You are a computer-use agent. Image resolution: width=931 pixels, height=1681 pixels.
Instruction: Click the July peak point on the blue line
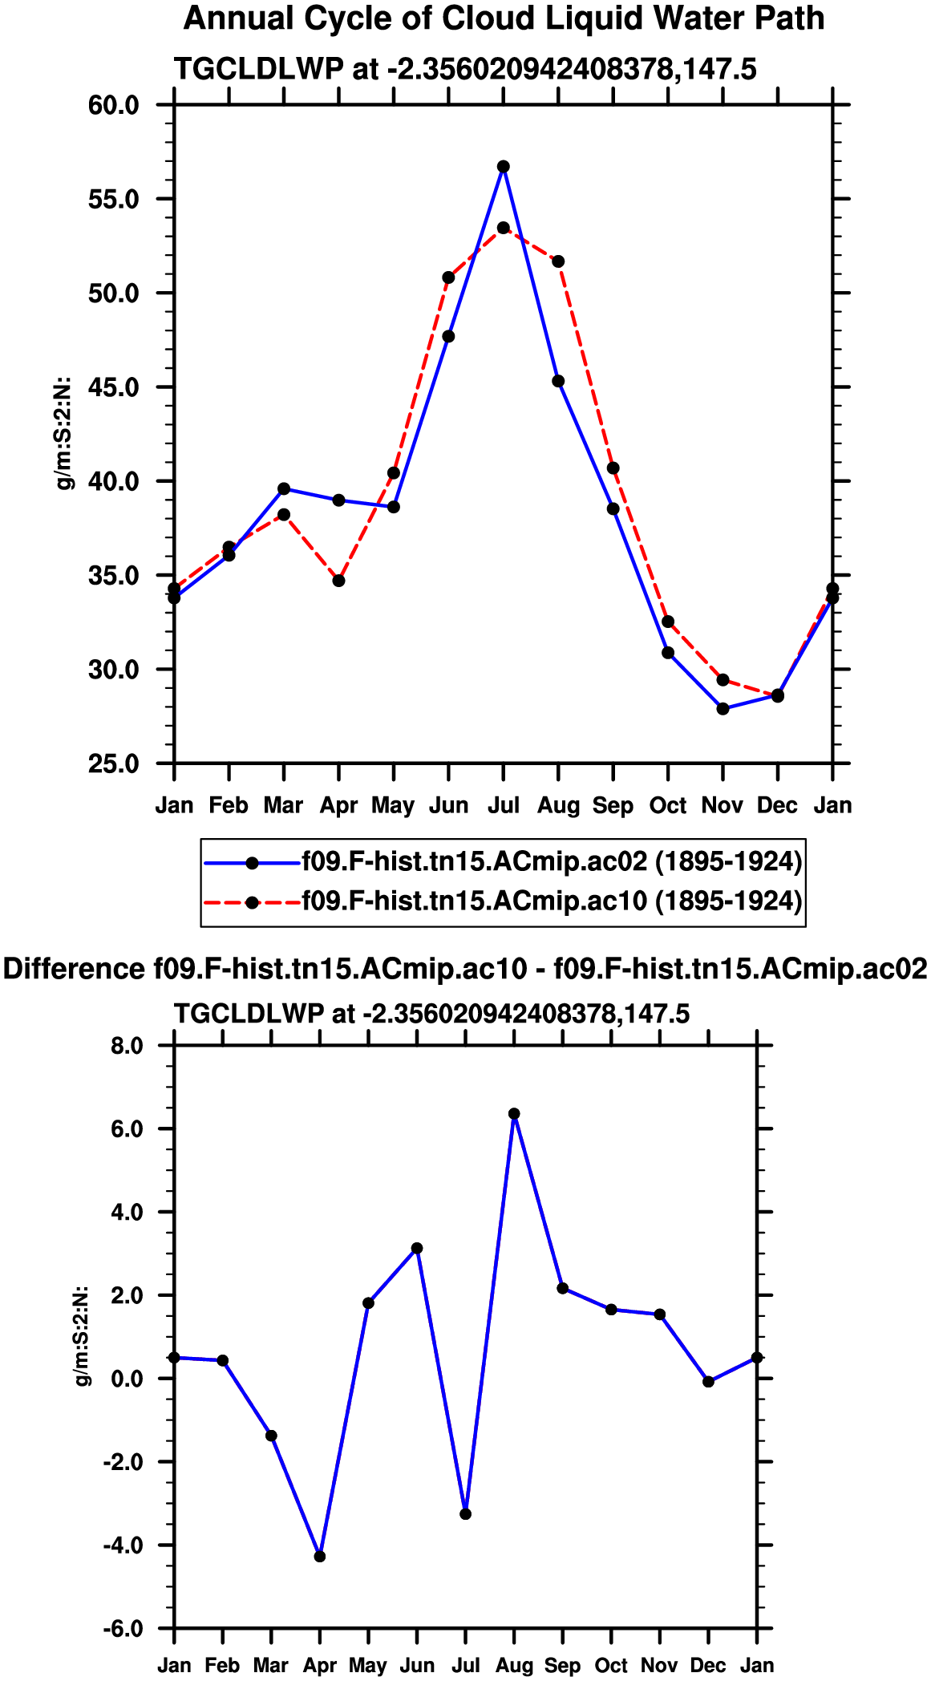point(503,167)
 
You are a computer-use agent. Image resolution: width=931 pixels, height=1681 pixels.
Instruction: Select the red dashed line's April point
point(338,581)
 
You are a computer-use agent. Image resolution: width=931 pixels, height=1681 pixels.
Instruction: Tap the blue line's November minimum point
point(723,708)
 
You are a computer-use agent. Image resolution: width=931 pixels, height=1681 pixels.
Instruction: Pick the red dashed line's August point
point(558,261)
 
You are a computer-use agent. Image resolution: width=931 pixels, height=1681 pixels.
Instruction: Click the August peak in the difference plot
point(514,1114)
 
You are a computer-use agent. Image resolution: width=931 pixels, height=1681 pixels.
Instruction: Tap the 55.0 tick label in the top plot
point(114,199)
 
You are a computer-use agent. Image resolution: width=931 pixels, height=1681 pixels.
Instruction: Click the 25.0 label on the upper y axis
point(114,764)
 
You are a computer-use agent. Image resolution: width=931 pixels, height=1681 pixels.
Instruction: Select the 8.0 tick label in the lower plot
point(127,1046)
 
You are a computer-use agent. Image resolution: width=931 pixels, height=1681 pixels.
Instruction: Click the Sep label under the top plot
point(613,805)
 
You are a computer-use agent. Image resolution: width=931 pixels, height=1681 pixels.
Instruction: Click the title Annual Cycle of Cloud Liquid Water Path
point(504,18)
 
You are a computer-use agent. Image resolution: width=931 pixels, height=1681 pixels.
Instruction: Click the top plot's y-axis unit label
point(64,433)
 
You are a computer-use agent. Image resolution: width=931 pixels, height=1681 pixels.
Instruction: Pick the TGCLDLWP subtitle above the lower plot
point(431,1014)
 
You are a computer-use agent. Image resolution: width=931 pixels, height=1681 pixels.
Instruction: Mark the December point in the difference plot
point(708,1381)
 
